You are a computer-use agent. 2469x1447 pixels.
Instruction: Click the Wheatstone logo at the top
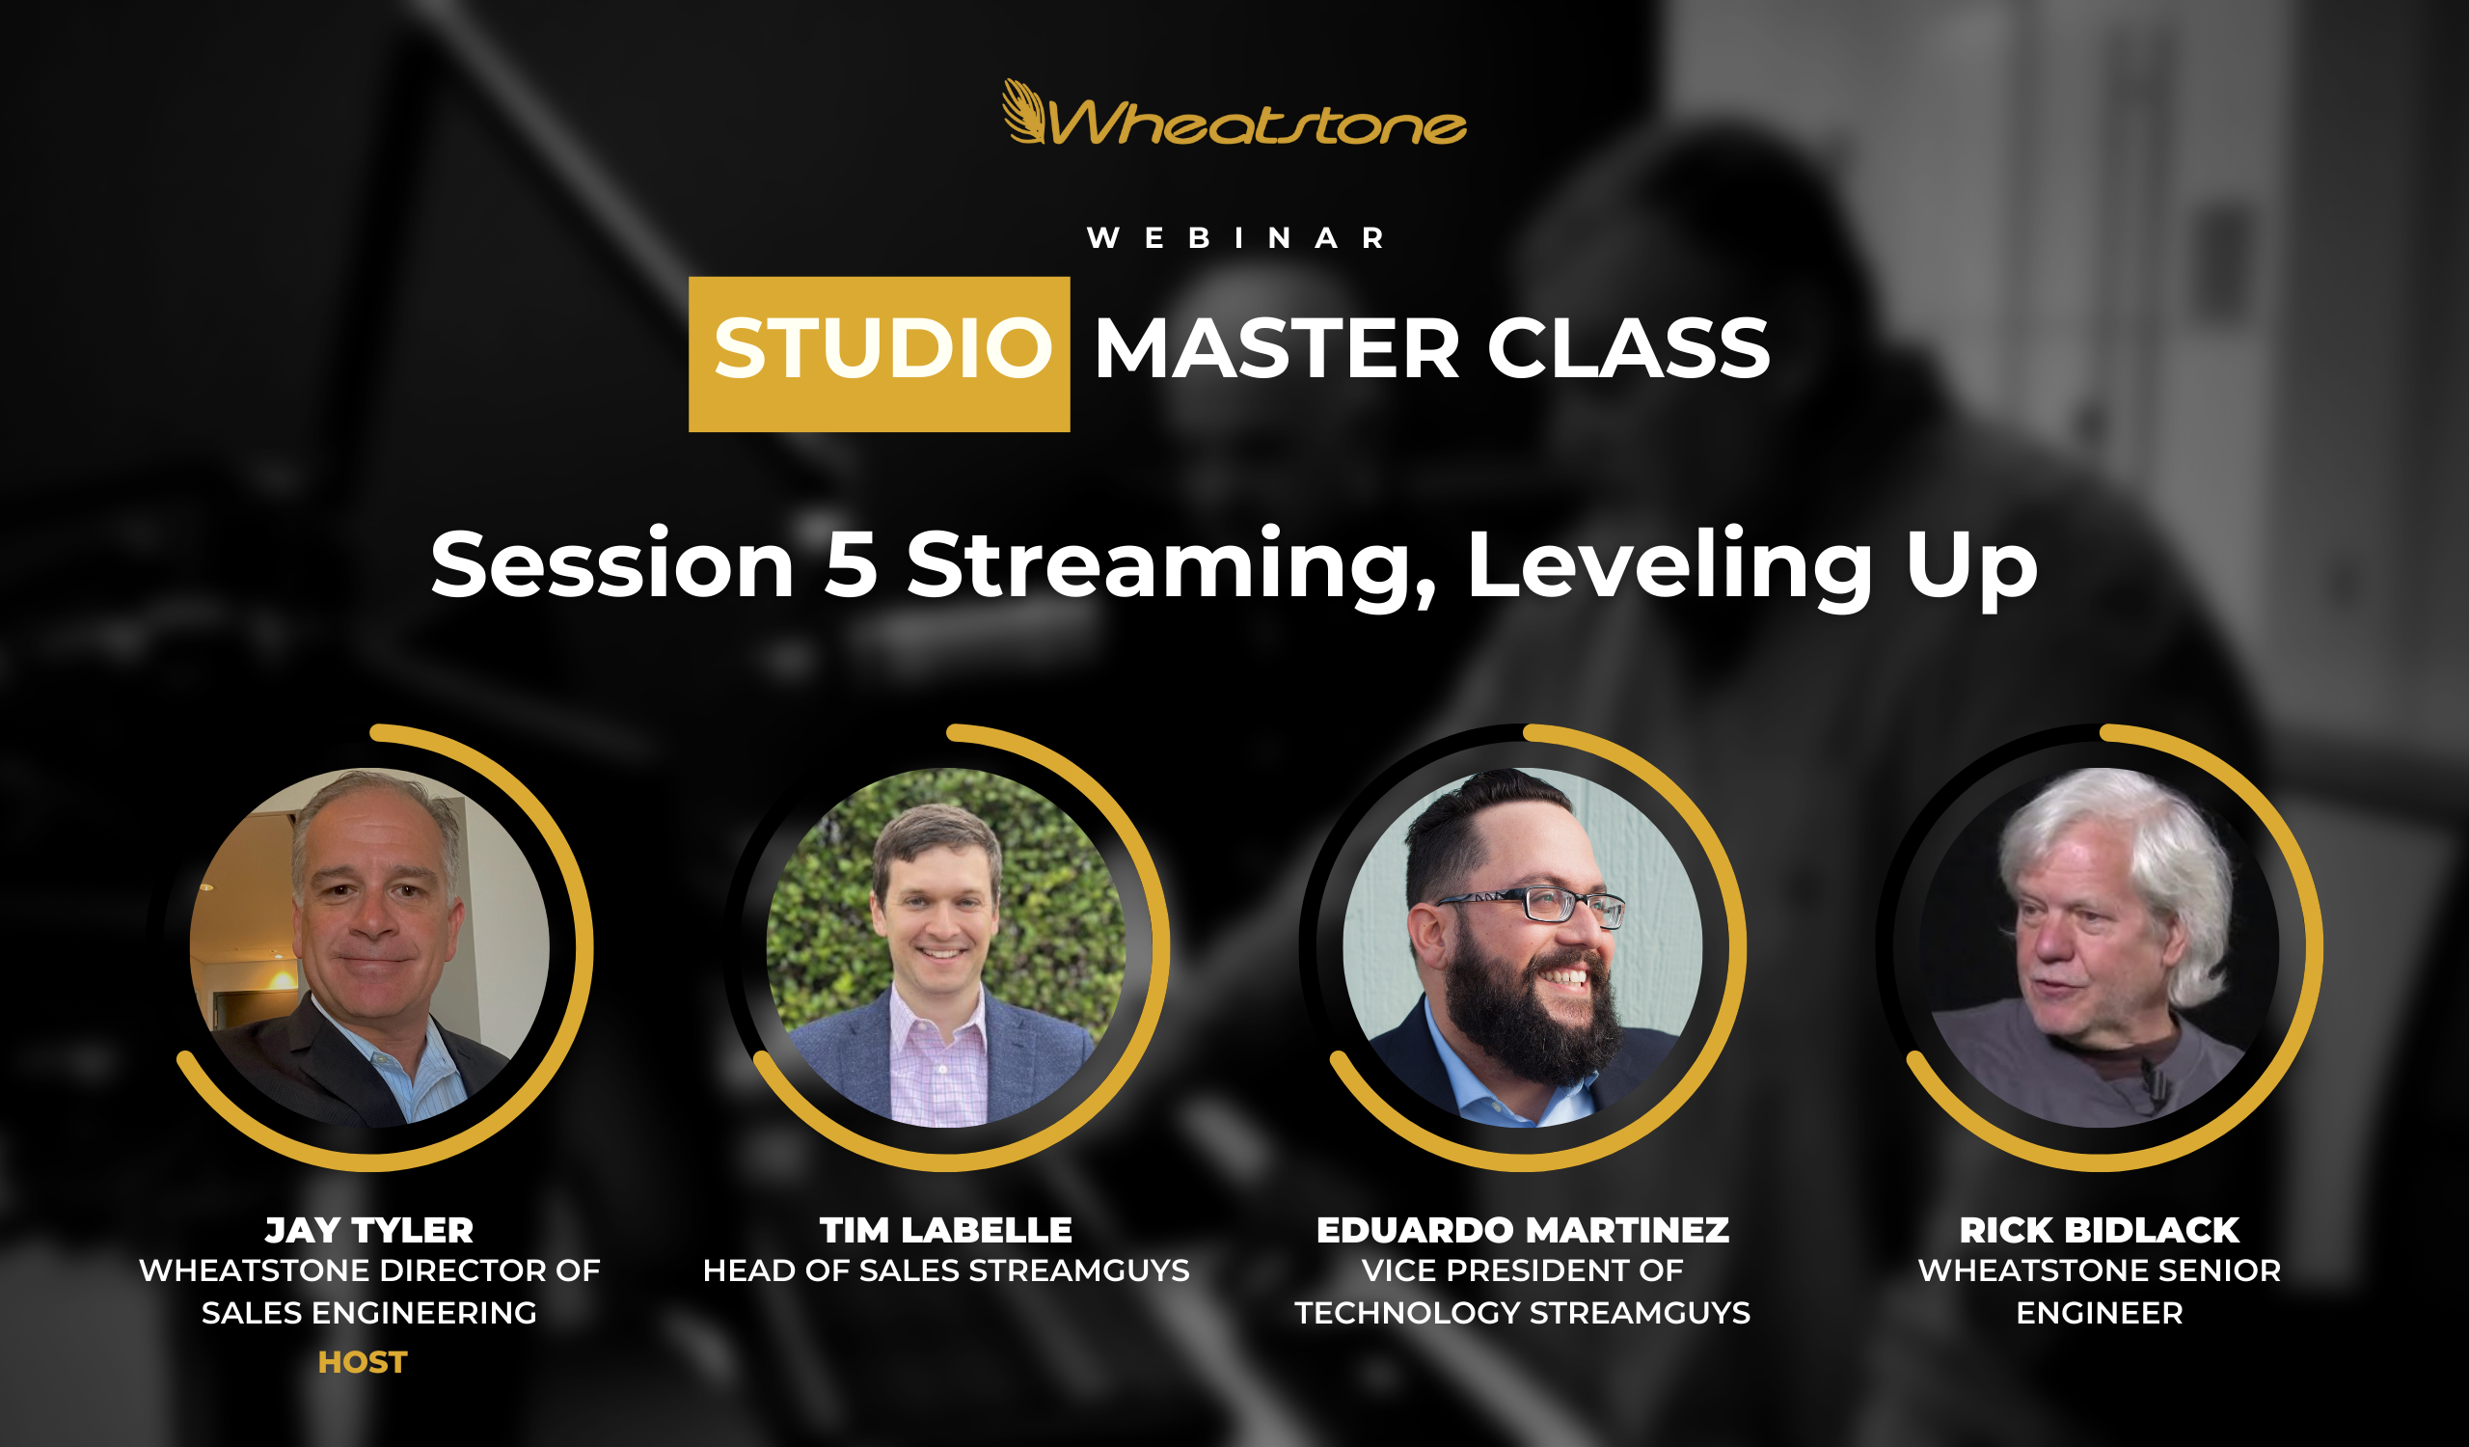pos(1234,112)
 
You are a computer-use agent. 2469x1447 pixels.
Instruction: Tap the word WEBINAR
pos(1235,238)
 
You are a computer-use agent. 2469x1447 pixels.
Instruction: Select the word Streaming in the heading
pos(1171,569)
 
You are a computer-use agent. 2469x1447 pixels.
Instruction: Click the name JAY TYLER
pos(369,1230)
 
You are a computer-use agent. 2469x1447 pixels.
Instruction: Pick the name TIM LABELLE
pos(945,1230)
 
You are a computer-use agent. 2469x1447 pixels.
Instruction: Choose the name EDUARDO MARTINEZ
pos(1523,1230)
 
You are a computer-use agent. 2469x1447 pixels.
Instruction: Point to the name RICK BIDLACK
pos(2099,1230)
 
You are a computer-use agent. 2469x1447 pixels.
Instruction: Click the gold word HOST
pos(363,1362)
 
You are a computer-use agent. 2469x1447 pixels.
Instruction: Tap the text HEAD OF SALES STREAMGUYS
pos(945,1270)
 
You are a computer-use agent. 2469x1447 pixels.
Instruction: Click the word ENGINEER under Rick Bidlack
pos(2100,1313)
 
